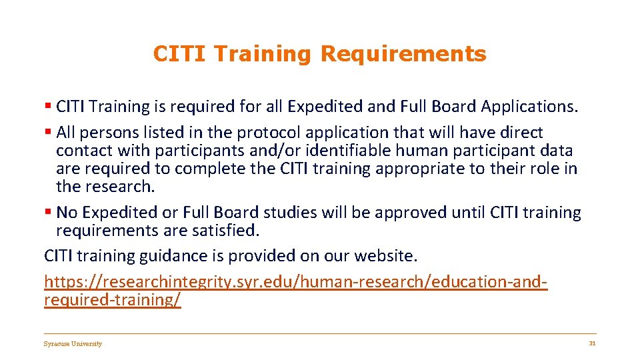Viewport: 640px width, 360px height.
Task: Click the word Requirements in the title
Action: pos(403,54)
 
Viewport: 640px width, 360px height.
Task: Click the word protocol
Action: pos(224,133)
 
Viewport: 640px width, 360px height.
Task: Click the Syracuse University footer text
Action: pos(73,344)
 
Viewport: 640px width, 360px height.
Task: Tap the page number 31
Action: pos(591,343)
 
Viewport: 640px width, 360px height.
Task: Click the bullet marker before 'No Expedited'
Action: pos(48,213)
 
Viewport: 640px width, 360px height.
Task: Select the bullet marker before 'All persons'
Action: pos(48,133)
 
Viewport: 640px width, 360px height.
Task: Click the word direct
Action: pos(521,133)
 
